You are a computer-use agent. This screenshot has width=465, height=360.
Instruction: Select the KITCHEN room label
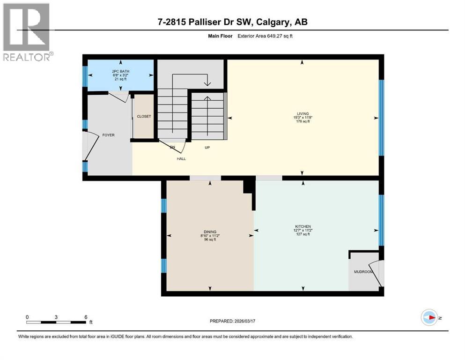(303, 226)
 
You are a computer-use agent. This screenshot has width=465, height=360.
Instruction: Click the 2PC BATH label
(121, 71)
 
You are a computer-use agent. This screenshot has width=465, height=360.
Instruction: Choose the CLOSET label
(144, 116)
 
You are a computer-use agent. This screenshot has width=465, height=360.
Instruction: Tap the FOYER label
(108, 135)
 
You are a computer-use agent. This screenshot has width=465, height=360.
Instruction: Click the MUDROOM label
(363, 272)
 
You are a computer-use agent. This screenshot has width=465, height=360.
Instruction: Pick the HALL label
(181, 159)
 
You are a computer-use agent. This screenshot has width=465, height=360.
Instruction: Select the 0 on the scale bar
(27, 317)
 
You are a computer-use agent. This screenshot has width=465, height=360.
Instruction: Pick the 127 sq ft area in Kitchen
(303, 234)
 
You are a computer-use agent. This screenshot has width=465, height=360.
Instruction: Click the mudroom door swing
(377, 274)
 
